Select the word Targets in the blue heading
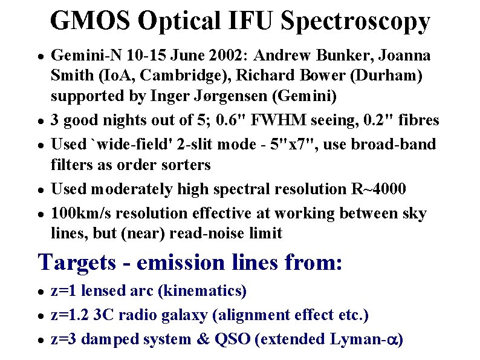pos(77,263)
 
